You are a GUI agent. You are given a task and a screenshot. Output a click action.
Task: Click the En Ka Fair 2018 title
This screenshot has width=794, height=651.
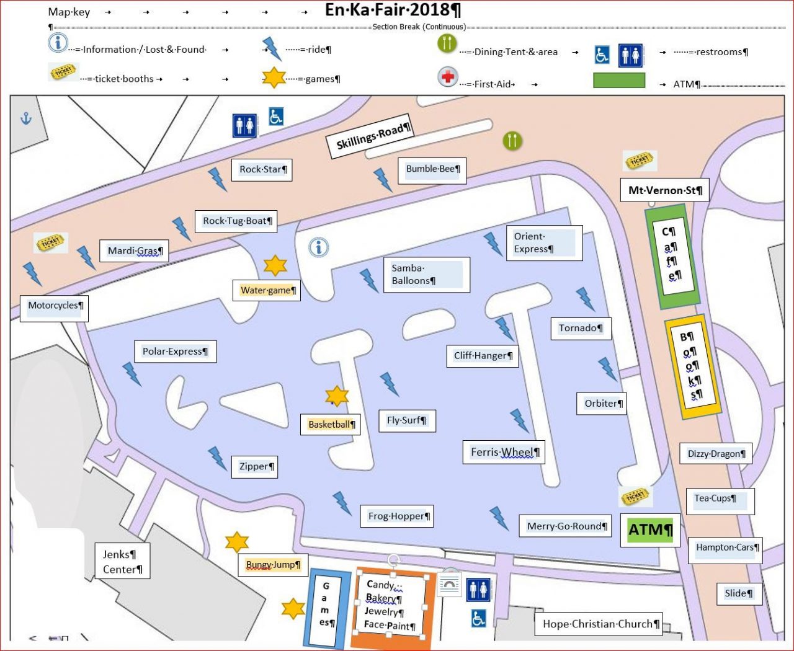pyautogui.click(x=393, y=10)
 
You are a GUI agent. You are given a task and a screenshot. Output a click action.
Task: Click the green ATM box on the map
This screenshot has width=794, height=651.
pyautogui.click(x=650, y=530)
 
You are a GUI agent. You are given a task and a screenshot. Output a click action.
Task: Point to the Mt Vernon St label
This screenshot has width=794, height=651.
pyautogui.click(x=664, y=190)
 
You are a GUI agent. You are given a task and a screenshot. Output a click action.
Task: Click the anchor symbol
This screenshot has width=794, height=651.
pyautogui.click(x=26, y=118)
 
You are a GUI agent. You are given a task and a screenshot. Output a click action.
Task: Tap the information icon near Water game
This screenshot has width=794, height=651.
pyautogui.click(x=319, y=248)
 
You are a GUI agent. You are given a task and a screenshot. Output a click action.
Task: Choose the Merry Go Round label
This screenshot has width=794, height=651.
pyautogui.click(x=565, y=526)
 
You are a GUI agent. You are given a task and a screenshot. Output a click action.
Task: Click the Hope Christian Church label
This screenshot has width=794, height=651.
pyautogui.click(x=600, y=624)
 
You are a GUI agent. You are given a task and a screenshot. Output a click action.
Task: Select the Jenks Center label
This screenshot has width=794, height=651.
pyautogui.click(x=122, y=562)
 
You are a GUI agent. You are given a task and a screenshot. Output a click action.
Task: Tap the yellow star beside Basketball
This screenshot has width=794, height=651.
pyautogui.click(x=337, y=396)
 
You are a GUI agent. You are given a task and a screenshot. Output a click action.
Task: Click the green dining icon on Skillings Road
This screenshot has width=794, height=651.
pyautogui.click(x=512, y=141)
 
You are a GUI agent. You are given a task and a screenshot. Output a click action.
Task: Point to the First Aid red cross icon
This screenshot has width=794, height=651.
pyautogui.click(x=447, y=78)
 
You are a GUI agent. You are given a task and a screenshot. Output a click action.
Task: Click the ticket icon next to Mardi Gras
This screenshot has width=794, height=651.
pyautogui.click(x=50, y=242)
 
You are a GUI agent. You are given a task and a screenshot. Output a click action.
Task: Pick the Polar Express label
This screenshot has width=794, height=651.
pyautogui.click(x=175, y=352)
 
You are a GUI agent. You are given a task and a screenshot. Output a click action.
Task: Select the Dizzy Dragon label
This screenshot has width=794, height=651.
pyautogui.click(x=716, y=454)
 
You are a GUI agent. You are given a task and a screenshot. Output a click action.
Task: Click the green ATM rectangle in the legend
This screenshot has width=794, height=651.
pyautogui.click(x=618, y=81)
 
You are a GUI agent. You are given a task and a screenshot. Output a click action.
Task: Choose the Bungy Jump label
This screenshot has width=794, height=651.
pyautogui.click(x=273, y=565)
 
